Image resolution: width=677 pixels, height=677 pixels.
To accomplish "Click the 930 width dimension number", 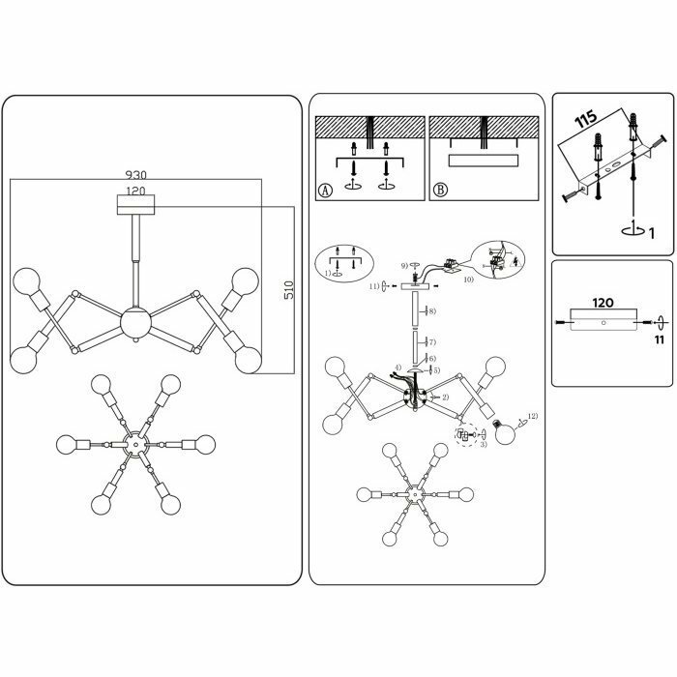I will coord(135,175).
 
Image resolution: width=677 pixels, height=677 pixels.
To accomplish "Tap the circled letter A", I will coord(326,190).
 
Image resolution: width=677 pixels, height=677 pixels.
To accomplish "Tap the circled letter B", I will coord(441,190).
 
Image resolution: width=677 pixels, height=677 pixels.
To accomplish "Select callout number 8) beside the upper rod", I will coord(432,311).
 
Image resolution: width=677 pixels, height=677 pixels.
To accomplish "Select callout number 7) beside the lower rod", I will coord(432,342).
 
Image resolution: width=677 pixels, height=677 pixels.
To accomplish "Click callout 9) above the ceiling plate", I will coord(405,266).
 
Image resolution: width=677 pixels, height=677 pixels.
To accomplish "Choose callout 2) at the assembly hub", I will coord(445,397).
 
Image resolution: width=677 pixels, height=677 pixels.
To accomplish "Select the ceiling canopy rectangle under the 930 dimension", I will coord(134,204).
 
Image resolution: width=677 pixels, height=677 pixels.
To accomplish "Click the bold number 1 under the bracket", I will coord(652,233).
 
